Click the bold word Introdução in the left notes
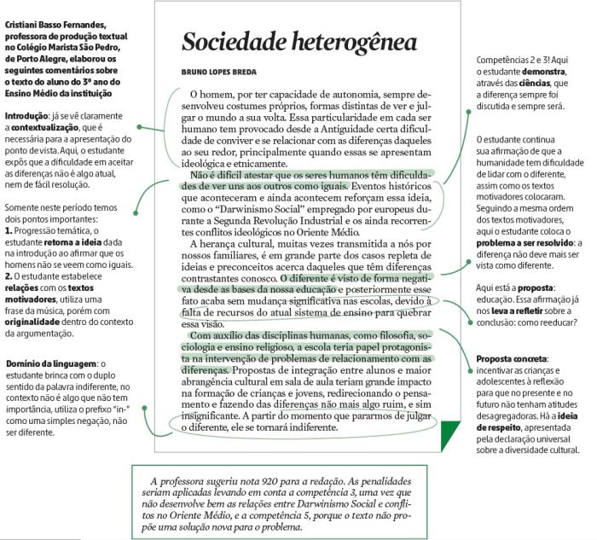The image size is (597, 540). pos(26,115)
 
